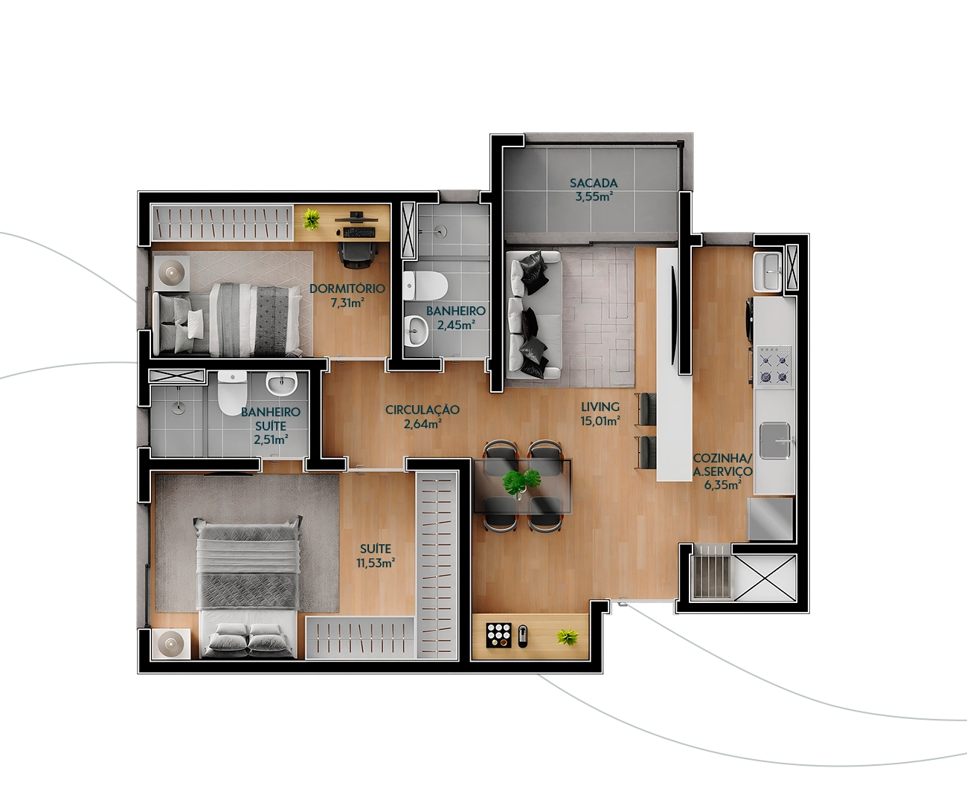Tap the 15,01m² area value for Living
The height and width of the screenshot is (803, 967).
click(x=600, y=421)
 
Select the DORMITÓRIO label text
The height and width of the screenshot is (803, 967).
click(x=347, y=288)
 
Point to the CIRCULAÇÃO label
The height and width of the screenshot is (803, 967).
click(x=423, y=410)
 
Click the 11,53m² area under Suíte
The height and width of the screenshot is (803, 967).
click(x=376, y=564)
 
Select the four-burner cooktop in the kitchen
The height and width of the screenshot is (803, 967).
click(x=774, y=366)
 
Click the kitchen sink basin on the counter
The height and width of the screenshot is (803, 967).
click(x=775, y=440)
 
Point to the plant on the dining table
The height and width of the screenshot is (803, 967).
click(x=522, y=483)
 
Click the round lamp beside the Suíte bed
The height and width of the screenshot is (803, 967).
click(x=171, y=644)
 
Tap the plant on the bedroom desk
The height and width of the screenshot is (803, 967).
click(x=311, y=219)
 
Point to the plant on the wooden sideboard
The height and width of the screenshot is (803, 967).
click(x=568, y=636)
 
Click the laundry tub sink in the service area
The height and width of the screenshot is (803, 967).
click(x=768, y=272)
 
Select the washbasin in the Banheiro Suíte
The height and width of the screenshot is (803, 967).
click(x=280, y=385)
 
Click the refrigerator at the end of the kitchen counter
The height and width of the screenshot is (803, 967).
click(x=771, y=519)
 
